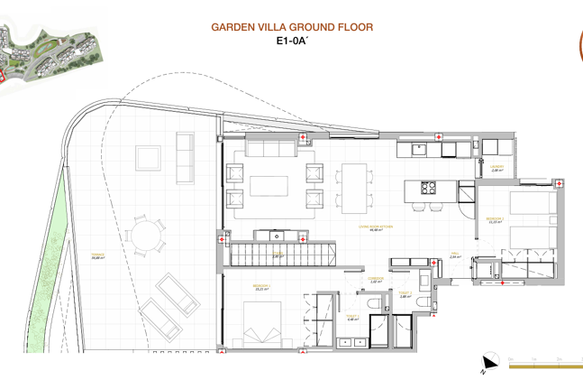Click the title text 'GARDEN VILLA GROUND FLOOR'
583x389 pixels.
(291, 27)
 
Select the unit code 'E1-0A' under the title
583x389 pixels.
(291, 41)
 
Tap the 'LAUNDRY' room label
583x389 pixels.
(496, 168)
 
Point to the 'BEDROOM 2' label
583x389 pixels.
(495, 219)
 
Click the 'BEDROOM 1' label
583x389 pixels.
(263, 287)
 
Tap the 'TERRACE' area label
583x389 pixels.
(97, 256)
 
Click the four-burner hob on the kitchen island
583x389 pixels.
(429, 189)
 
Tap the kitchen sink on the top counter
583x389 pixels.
(420, 150)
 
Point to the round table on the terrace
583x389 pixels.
(145, 234)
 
